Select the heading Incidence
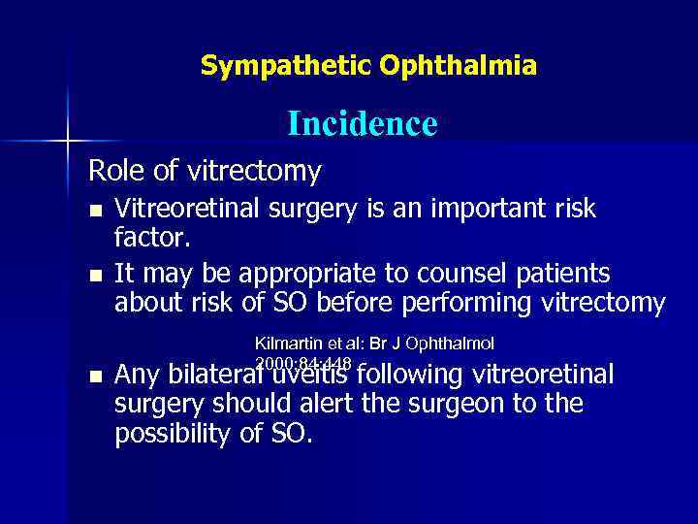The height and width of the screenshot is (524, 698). [x=362, y=124]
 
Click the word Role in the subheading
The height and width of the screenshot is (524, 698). [x=116, y=172]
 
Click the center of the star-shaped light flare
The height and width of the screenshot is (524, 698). [x=68, y=142]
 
